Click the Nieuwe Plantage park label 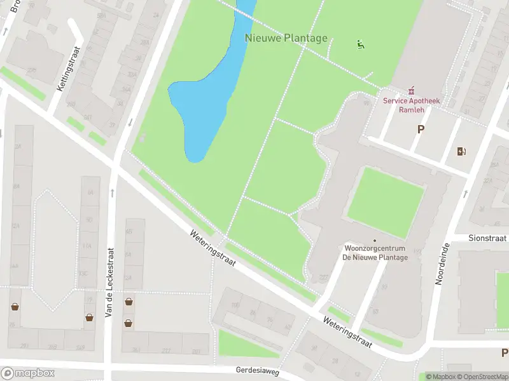pos(286,38)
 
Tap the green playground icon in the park pos(361,44)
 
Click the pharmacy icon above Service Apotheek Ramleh pos(412,90)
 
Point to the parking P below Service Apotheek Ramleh pos(420,129)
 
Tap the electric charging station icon pos(461,151)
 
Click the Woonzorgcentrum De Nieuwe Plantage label pos(375,252)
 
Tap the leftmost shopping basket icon pos(14,307)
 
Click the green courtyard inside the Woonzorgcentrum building pos(386,202)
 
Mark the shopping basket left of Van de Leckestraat pos(90,317)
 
